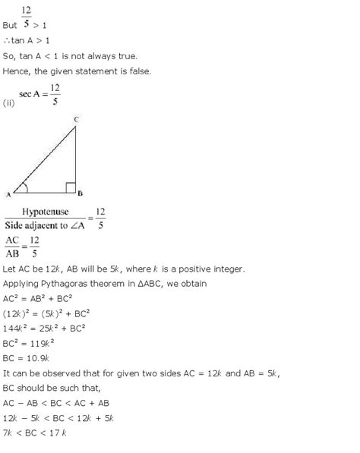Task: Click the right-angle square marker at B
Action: (69, 187)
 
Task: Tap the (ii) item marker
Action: (10, 102)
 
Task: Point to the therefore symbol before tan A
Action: (7, 40)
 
